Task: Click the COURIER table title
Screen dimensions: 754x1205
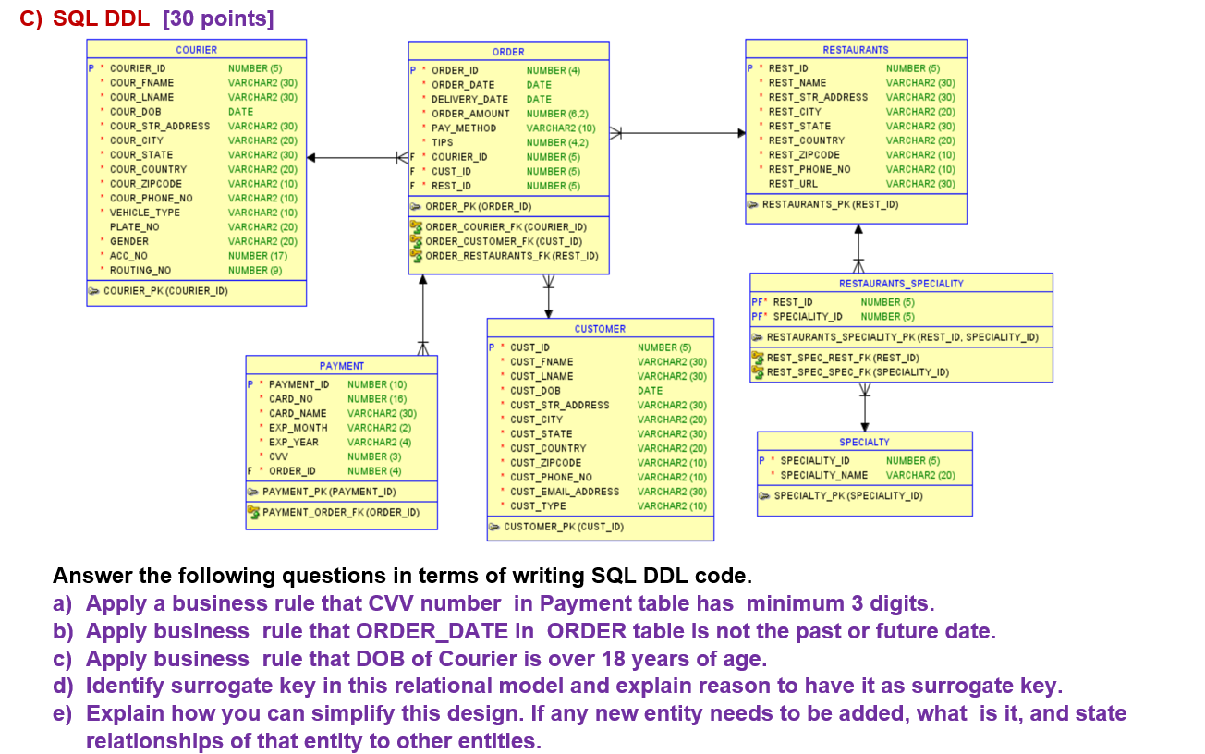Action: (x=196, y=49)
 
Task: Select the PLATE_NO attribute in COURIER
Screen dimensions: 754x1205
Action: (x=134, y=226)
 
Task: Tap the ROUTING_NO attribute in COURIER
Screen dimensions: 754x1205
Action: (x=140, y=270)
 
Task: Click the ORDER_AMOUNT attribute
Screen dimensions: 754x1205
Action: (x=469, y=114)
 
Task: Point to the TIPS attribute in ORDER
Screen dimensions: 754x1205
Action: (x=442, y=142)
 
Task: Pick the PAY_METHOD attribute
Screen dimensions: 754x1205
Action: (x=463, y=128)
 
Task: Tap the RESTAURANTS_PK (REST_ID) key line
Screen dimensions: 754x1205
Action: (x=829, y=204)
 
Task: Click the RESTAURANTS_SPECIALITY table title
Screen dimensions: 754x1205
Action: (x=900, y=284)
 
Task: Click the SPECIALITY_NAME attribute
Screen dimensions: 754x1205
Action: (x=823, y=475)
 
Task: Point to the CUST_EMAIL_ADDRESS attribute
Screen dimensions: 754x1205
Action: (x=564, y=492)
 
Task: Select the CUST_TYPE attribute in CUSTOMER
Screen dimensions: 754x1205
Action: (x=538, y=505)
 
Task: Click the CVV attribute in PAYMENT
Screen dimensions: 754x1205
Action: (x=277, y=456)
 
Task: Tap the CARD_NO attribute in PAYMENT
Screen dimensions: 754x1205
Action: (x=290, y=399)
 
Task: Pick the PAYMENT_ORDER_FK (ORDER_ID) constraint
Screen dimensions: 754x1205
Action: (x=340, y=512)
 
